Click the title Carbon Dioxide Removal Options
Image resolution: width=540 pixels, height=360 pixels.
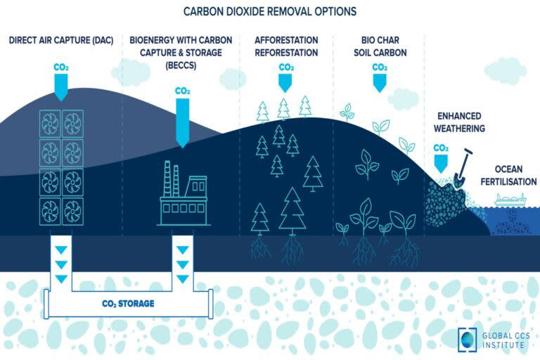[x=270, y=11]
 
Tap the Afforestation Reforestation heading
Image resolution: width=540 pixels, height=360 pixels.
[x=285, y=46]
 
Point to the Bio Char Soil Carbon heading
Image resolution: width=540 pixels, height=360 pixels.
[x=380, y=46]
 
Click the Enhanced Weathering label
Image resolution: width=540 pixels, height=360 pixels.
[x=461, y=124]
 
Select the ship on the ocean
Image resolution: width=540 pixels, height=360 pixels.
[x=511, y=200]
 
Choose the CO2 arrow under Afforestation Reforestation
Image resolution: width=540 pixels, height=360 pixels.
[x=285, y=79]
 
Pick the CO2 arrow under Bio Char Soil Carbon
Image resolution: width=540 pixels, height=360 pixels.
[x=380, y=79]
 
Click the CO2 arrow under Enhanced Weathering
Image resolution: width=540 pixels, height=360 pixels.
[x=441, y=160]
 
